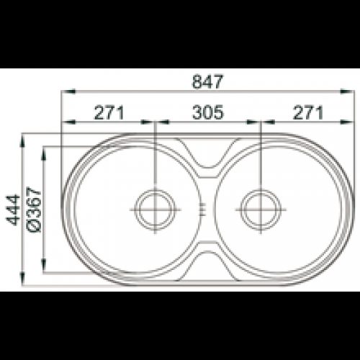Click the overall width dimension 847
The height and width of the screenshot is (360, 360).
(207, 81)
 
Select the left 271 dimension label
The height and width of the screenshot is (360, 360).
(109, 112)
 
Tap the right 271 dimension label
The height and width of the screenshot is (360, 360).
(308, 112)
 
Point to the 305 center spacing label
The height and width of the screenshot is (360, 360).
(208, 112)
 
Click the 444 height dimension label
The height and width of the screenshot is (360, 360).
(13, 210)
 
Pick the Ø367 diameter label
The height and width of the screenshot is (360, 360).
(34, 210)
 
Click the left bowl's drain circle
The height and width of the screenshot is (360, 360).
(155, 210)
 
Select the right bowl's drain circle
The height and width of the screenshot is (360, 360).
(261, 210)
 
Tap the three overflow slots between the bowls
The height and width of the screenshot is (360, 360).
(203, 210)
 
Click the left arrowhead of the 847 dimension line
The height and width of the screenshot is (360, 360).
(68, 91)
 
